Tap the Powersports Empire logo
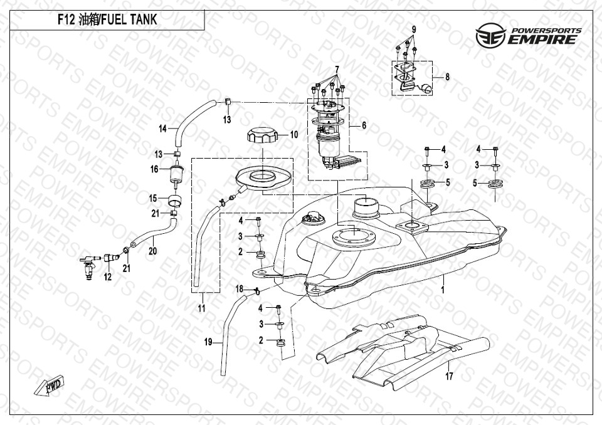[528, 36]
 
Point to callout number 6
[364, 125]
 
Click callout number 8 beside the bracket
[447, 77]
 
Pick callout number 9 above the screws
[414, 30]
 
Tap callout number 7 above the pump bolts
[336, 68]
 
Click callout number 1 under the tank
[442, 290]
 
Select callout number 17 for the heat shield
[449, 377]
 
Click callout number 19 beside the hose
[208, 342]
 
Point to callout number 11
[201, 308]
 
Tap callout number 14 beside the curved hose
[162, 129]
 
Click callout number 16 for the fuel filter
[154, 169]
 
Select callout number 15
[152, 198]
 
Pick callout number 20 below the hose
[152, 251]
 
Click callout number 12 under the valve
[108, 276]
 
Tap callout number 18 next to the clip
[239, 288]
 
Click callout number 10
[293, 134]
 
